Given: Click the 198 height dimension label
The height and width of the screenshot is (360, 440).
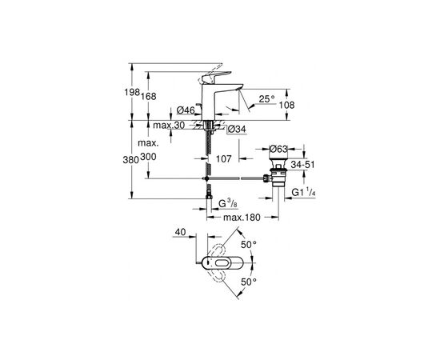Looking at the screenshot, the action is click(x=132, y=92).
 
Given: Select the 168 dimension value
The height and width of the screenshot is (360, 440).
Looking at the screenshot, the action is click(x=149, y=96).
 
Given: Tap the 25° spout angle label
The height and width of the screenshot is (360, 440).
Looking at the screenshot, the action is click(x=267, y=98).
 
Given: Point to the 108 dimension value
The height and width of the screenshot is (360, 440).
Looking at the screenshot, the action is click(x=287, y=106).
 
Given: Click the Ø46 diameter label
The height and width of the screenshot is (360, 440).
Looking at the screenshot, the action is click(x=186, y=110).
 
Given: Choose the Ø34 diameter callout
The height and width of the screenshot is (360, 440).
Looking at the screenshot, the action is click(x=237, y=129).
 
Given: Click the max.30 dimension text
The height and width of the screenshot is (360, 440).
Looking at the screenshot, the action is click(x=169, y=125).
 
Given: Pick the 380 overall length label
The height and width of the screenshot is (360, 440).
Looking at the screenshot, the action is click(x=131, y=160).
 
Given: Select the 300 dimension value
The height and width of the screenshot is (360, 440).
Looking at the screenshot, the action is click(x=148, y=157).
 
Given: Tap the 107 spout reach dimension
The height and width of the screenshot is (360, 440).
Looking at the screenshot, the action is click(x=224, y=159).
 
